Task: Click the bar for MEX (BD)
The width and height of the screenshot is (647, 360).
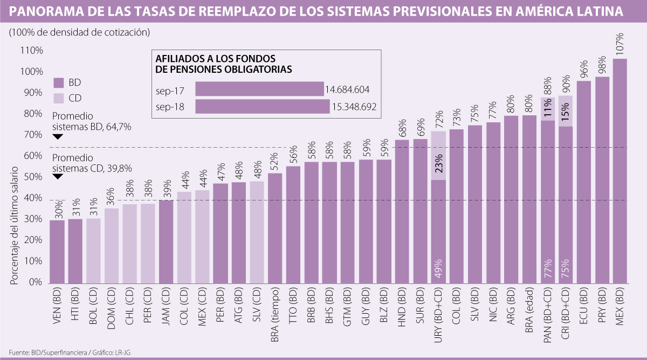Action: [x=620, y=172]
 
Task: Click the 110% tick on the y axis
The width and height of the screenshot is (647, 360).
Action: [x=31, y=51]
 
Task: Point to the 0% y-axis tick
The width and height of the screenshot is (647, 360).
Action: [x=35, y=282]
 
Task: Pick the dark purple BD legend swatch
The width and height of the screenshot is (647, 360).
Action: [x=59, y=82]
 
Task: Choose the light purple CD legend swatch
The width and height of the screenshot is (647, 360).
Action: [x=59, y=98]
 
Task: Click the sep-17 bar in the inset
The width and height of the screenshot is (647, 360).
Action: [x=259, y=89]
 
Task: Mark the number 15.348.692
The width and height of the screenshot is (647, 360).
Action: [x=353, y=107]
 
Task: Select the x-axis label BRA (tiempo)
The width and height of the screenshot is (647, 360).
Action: [x=274, y=319]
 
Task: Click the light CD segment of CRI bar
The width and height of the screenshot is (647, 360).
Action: [x=566, y=111]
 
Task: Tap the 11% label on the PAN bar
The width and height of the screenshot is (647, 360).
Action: [x=547, y=107]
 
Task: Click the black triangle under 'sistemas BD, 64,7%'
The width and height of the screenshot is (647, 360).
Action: [x=58, y=137]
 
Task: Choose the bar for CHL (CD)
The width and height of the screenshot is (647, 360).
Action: [x=130, y=244]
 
